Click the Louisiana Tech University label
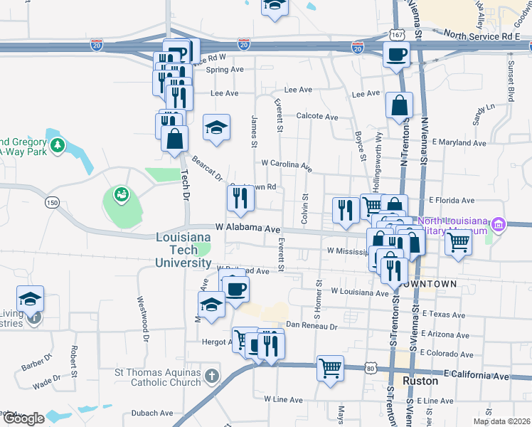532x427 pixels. pyautogui.click(x=184, y=250)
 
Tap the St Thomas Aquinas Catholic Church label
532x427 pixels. pyautogui.click(x=159, y=377)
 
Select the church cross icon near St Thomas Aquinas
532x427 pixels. pyautogui.click(x=211, y=375)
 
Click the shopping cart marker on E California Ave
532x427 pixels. pyautogui.click(x=330, y=369)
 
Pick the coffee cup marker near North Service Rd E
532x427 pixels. pyautogui.click(x=396, y=54)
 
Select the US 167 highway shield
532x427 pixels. pyautogui.click(x=398, y=34)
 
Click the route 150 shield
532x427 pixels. pyautogui.click(x=50, y=203)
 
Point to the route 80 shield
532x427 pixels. pyautogui.click(x=370, y=367)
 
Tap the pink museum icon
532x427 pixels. pyautogui.click(x=499, y=226)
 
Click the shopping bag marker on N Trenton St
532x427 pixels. pyautogui.click(x=400, y=106)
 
